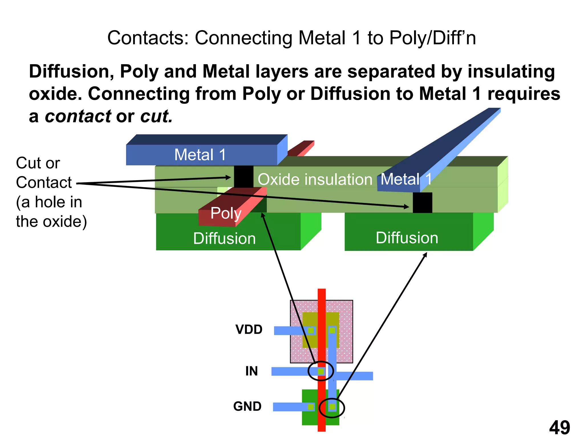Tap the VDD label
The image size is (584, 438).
(x=249, y=330)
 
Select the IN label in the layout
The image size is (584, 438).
(x=252, y=371)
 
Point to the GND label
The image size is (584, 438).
(x=247, y=406)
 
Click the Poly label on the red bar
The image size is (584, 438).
(x=226, y=213)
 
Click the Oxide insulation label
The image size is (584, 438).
(x=315, y=180)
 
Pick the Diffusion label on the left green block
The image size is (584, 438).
(x=224, y=238)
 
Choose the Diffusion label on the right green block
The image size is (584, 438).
(x=407, y=238)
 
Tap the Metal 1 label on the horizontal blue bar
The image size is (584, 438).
(x=200, y=155)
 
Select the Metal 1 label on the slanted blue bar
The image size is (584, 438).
(x=405, y=179)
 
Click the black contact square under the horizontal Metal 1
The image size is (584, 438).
(x=244, y=177)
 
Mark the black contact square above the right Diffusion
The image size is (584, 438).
(x=422, y=202)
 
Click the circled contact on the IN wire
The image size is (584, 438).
(x=321, y=372)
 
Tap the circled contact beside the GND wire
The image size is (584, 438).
(x=332, y=407)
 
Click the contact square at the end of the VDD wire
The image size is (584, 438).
(x=311, y=330)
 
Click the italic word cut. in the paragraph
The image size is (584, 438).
(x=157, y=116)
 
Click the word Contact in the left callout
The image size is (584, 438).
(x=44, y=182)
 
